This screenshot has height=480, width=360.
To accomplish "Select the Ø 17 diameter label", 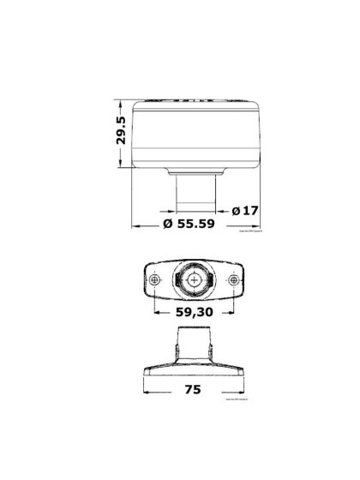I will [x=245, y=208].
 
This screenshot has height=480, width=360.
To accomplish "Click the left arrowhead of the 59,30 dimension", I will [x=157, y=324].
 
